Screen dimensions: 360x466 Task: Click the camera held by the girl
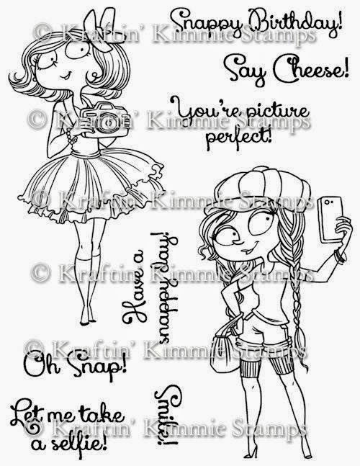tap(104, 120)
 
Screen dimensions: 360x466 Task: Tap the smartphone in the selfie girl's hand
tap(330, 219)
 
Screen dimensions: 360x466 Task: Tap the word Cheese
tap(311, 71)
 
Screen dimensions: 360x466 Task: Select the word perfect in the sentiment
tap(240, 138)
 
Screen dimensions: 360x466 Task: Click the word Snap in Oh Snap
tap(96, 366)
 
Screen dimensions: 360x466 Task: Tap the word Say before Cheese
tap(246, 70)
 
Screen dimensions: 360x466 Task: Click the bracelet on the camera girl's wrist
tap(71, 136)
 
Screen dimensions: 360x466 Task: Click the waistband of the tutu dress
tap(86, 154)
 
